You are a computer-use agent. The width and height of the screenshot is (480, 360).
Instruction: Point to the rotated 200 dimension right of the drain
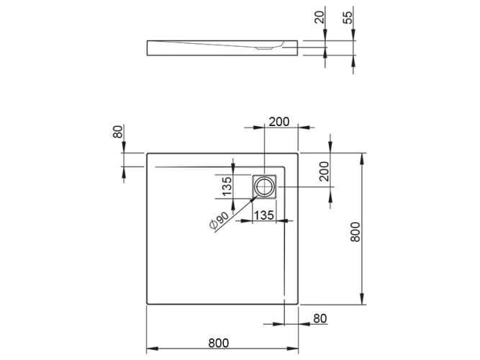click(x=325, y=171)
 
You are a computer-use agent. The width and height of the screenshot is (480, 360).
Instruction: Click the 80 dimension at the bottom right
click(x=321, y=317)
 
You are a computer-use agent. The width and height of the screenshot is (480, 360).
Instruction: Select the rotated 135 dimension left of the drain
click(x=225, y=186)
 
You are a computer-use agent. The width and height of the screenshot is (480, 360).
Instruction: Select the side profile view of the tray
click(x=223, y=48)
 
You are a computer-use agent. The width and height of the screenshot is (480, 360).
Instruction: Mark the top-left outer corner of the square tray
click(x=147, y=153)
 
